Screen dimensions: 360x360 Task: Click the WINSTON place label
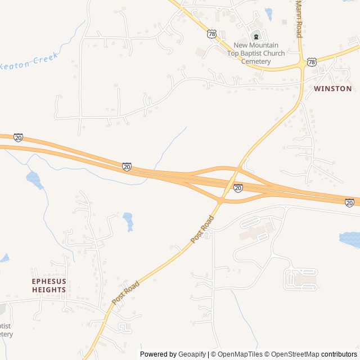(x=333, y=89)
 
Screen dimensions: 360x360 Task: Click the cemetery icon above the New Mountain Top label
(x=256, y=37)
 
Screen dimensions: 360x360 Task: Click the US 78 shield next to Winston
(x=312, y=61)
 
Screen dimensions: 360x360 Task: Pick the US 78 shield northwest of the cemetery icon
(x=211, y=34)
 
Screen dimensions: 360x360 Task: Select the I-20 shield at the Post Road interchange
(x=238, y=188)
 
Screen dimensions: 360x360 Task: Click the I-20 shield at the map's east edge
(x=350, y=202)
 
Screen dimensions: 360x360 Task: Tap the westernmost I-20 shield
(x=19, y=137)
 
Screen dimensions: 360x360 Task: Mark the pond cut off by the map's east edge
(x=350, y=239)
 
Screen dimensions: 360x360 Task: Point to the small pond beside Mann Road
(x=268, y=13)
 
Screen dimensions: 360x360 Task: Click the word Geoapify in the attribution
(x=192, y=354)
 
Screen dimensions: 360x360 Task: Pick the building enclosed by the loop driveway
(x=304, y=278)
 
